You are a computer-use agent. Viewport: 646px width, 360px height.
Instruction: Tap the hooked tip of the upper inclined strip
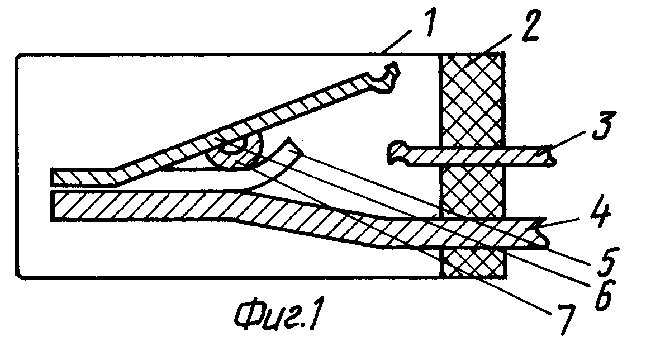click(x=386, y=78)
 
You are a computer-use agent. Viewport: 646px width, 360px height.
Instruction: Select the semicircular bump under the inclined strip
click(x=234, y=153)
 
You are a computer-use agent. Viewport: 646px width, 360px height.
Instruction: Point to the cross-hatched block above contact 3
click(x=472, y=100)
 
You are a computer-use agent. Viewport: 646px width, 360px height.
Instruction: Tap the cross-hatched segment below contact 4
click(x=473, y=262)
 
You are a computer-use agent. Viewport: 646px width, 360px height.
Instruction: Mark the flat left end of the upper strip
click(x=53, y=177)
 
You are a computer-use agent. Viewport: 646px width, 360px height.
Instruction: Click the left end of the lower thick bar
click(x=53, y=206)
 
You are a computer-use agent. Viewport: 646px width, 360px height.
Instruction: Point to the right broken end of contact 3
click(x=550, y=156)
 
